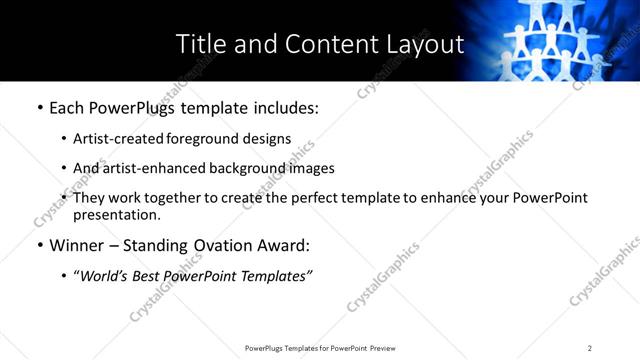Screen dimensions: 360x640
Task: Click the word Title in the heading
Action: coord(200,44)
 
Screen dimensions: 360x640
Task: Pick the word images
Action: coord(308,168)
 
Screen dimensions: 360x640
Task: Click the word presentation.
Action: coord(116,214)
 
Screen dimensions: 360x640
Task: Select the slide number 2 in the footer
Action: coord(590,348)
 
